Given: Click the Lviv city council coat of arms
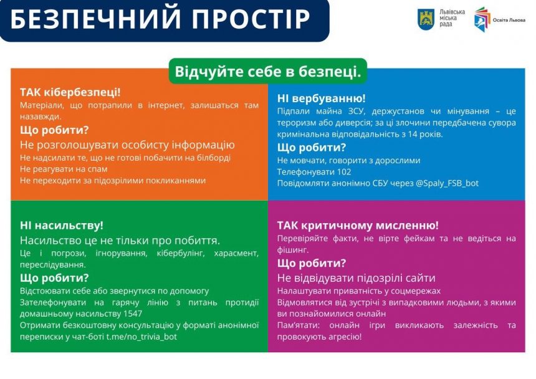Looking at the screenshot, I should [x=426, y=19].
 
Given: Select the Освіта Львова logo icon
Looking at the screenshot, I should [x=482, y=19].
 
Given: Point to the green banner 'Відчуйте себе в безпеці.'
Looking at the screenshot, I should [x=267, y=71].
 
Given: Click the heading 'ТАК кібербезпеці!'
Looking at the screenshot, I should [x=70, y=92].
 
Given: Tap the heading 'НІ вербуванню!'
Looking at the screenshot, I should [x=321, y=98].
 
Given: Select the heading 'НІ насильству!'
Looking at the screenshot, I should [x=62, y=226].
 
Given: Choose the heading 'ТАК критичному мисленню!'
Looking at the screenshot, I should [x=358, y=226].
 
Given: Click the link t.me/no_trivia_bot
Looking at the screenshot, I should [x=142, y=337].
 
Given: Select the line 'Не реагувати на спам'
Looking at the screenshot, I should [x=64, y=169].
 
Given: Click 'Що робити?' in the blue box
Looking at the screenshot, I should [x=311, y=148].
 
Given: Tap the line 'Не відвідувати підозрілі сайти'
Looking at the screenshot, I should [x=356, y=278].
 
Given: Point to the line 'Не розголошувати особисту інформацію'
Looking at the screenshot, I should [x=127, y=145].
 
